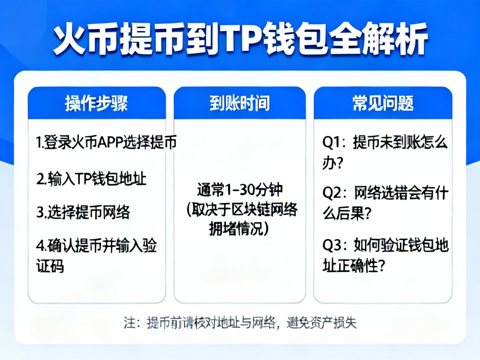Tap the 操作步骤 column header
click(96, 103)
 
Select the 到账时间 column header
click(240, 103)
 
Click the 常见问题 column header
click(382, 103)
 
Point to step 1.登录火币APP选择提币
click(106, 142)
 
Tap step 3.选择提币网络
click(83, 212)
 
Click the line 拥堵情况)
click(238, 229)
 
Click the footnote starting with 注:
click(240, 323)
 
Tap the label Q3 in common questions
click(332, 245)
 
